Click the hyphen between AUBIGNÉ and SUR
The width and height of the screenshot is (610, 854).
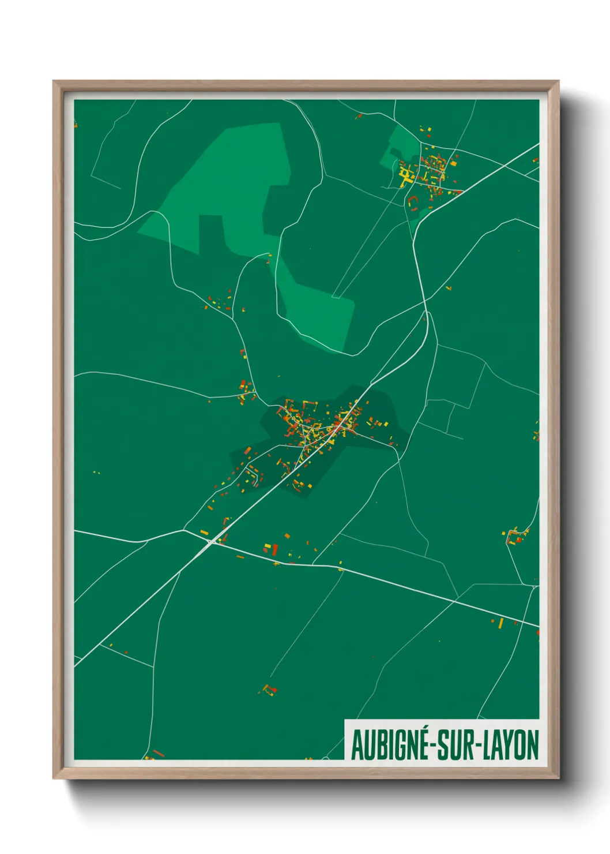click(x=433, y=746)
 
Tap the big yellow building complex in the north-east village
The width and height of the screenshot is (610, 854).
click(x=405, y=173)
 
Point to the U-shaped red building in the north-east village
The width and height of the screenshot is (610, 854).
click(x=413, y=201)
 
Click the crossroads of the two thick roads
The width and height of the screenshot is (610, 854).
click(x=212, y=541)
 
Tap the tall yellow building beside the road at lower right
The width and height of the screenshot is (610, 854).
click(x=500, y=623)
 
